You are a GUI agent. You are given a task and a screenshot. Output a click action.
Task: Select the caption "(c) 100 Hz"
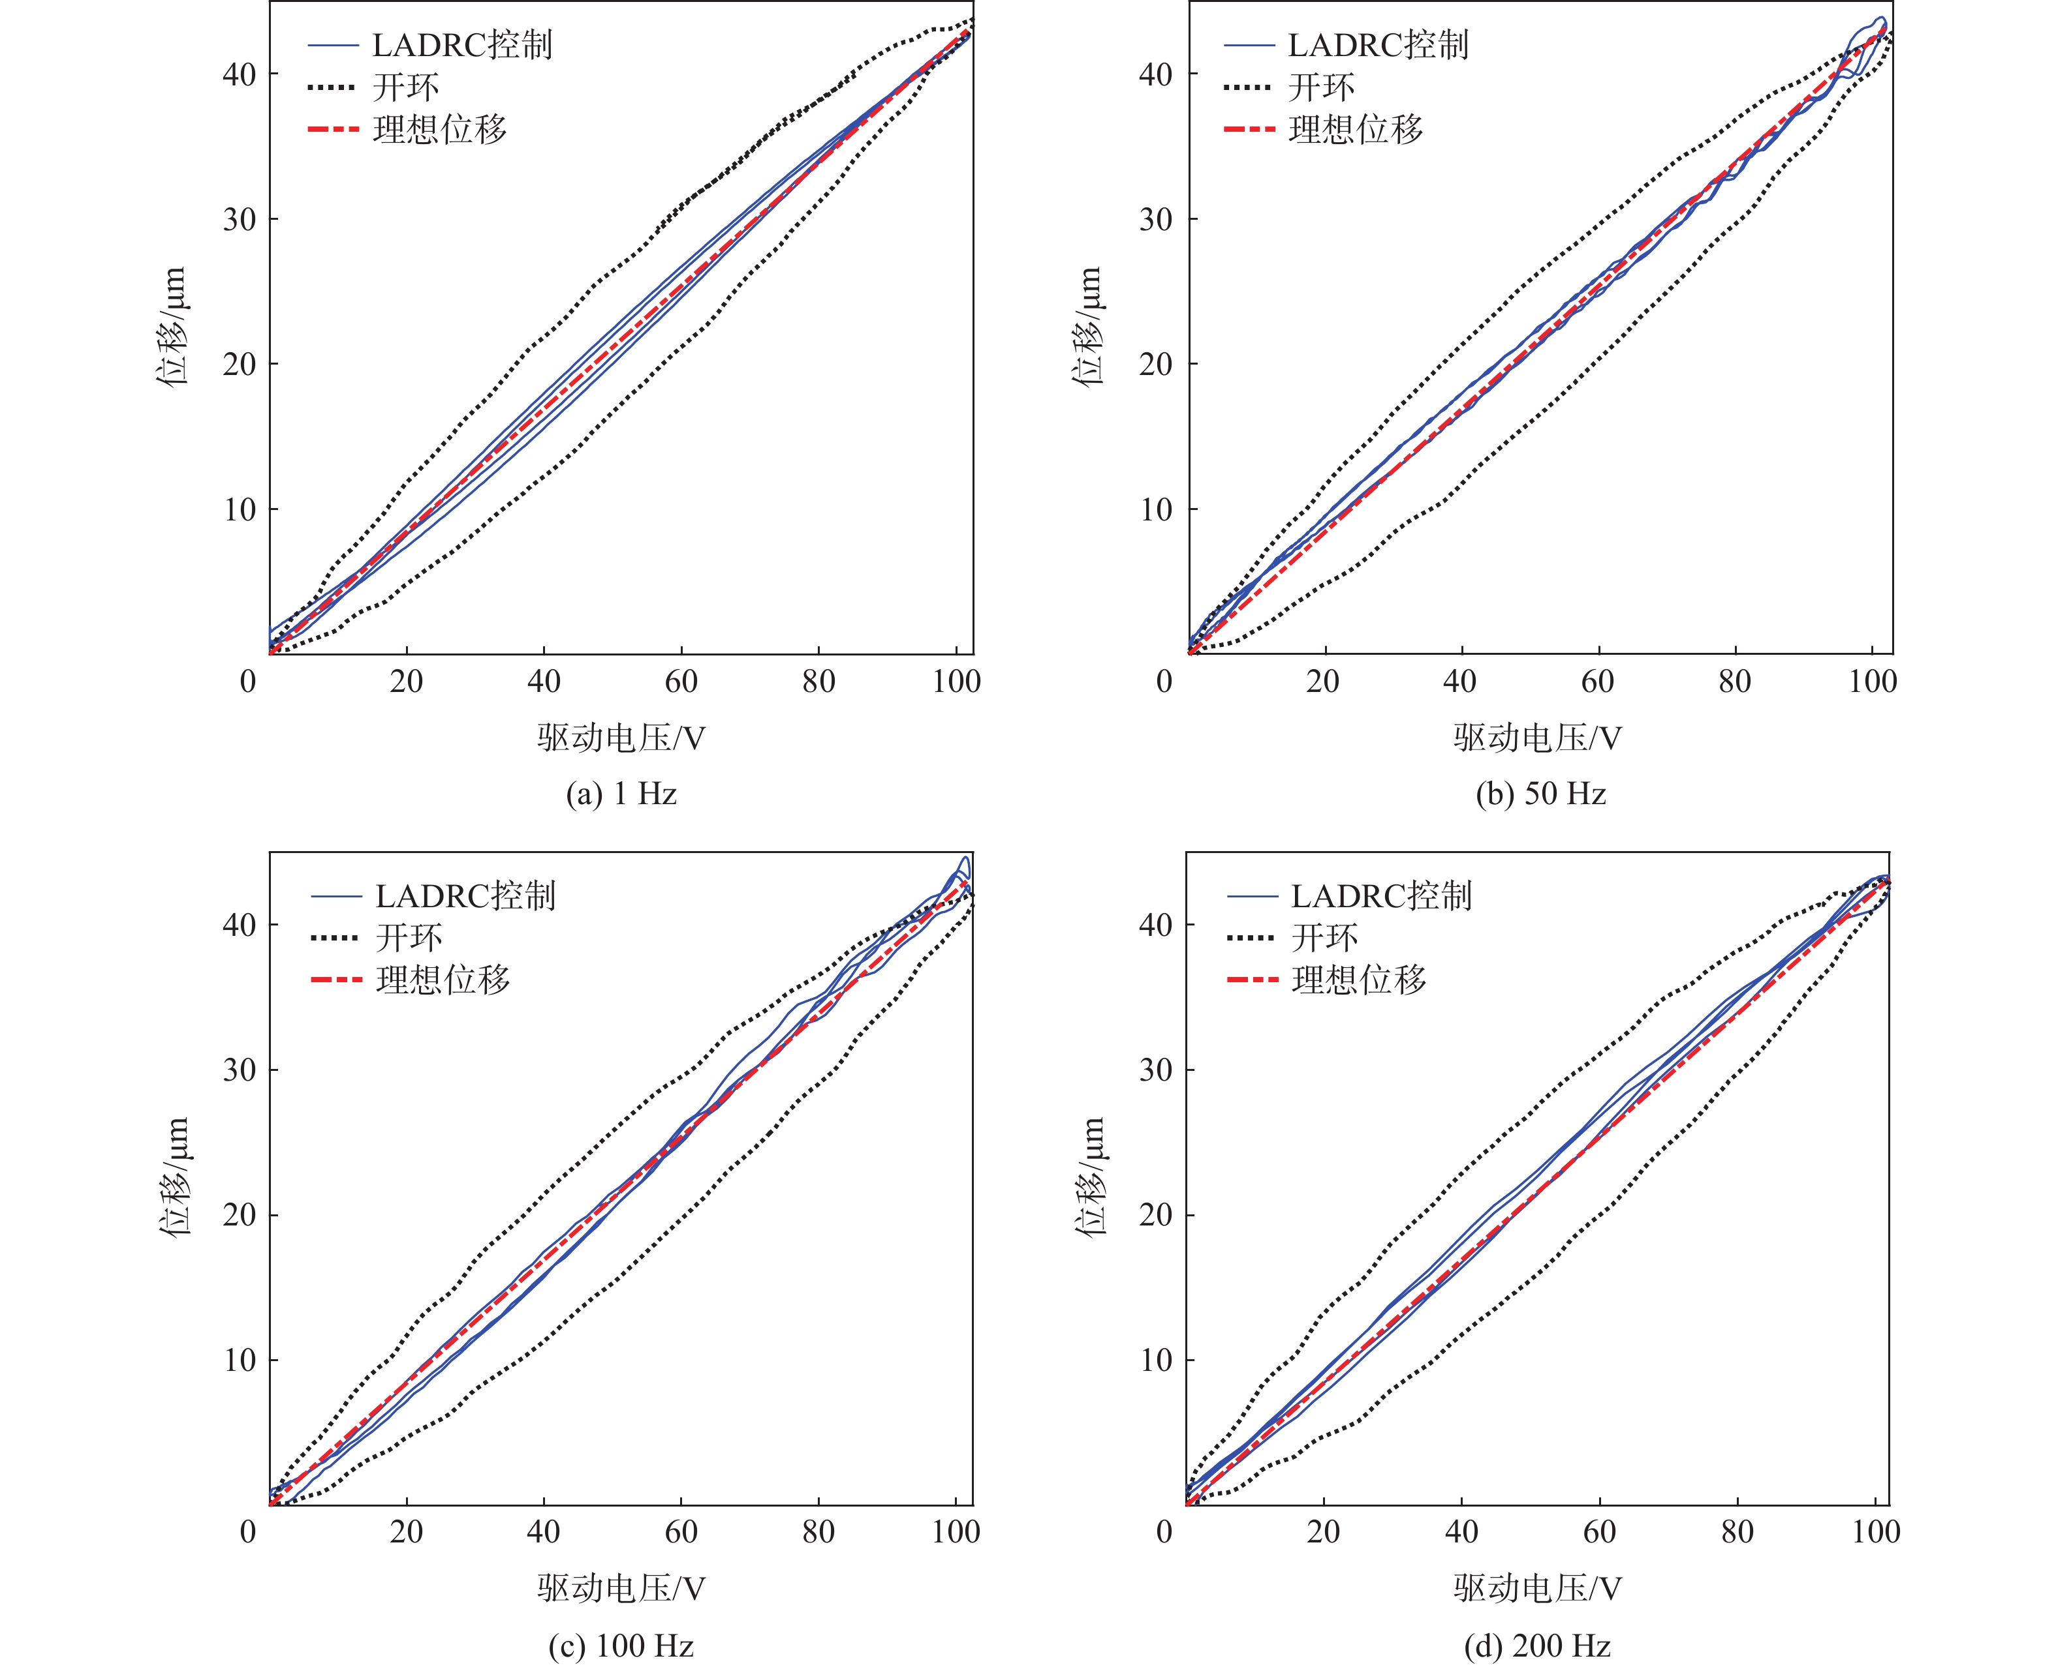pos(621,1646)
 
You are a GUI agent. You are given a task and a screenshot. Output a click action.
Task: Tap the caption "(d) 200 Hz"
pos(1537,1646)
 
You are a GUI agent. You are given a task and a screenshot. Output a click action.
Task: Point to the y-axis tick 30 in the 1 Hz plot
pos(240,219)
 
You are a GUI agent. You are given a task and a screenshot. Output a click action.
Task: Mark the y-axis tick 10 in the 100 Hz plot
pos(240,1360)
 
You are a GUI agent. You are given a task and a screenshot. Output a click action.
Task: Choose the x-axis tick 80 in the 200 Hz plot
pos(1737,1531)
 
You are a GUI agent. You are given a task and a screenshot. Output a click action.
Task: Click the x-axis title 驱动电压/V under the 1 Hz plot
pos(621,738)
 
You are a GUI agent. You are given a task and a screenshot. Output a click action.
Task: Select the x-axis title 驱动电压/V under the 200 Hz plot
pos(1537,1588)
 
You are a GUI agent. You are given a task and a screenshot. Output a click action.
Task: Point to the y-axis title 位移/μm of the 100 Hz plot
pos(173,1177)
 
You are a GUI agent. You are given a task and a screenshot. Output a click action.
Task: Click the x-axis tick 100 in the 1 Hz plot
pos(956,682)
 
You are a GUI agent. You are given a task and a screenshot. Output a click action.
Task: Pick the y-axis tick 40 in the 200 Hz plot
pos(1156,925)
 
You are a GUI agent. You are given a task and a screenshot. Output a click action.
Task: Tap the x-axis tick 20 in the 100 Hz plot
pos(407,1531)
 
